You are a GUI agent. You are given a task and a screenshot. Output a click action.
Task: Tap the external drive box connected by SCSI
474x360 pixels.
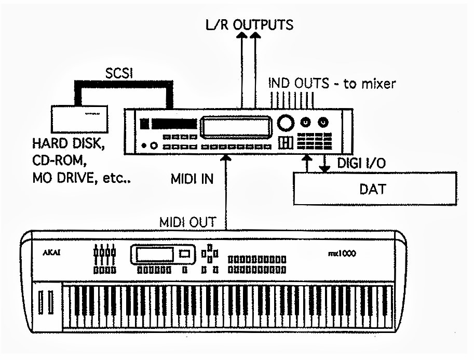[x=80, y=118]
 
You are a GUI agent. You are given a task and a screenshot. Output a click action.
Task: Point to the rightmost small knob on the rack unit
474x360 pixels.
[x=323, y=123]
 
